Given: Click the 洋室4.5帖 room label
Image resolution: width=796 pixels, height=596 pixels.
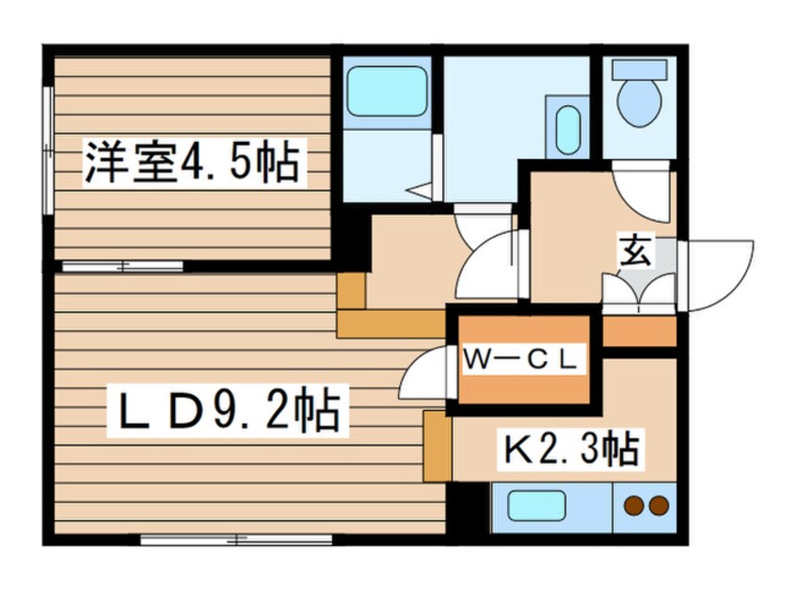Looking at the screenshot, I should pos(192,162).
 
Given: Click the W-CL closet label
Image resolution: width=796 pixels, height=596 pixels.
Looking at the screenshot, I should pos(523,358).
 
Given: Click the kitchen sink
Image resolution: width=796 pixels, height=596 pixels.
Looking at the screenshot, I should pos(536,506).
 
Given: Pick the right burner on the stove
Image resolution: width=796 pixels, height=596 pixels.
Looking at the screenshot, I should pos(659,506).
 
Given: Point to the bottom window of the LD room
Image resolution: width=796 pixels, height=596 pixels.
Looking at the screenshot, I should pos(235,540).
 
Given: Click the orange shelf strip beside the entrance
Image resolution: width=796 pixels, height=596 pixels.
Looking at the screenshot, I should pos(639,330).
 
